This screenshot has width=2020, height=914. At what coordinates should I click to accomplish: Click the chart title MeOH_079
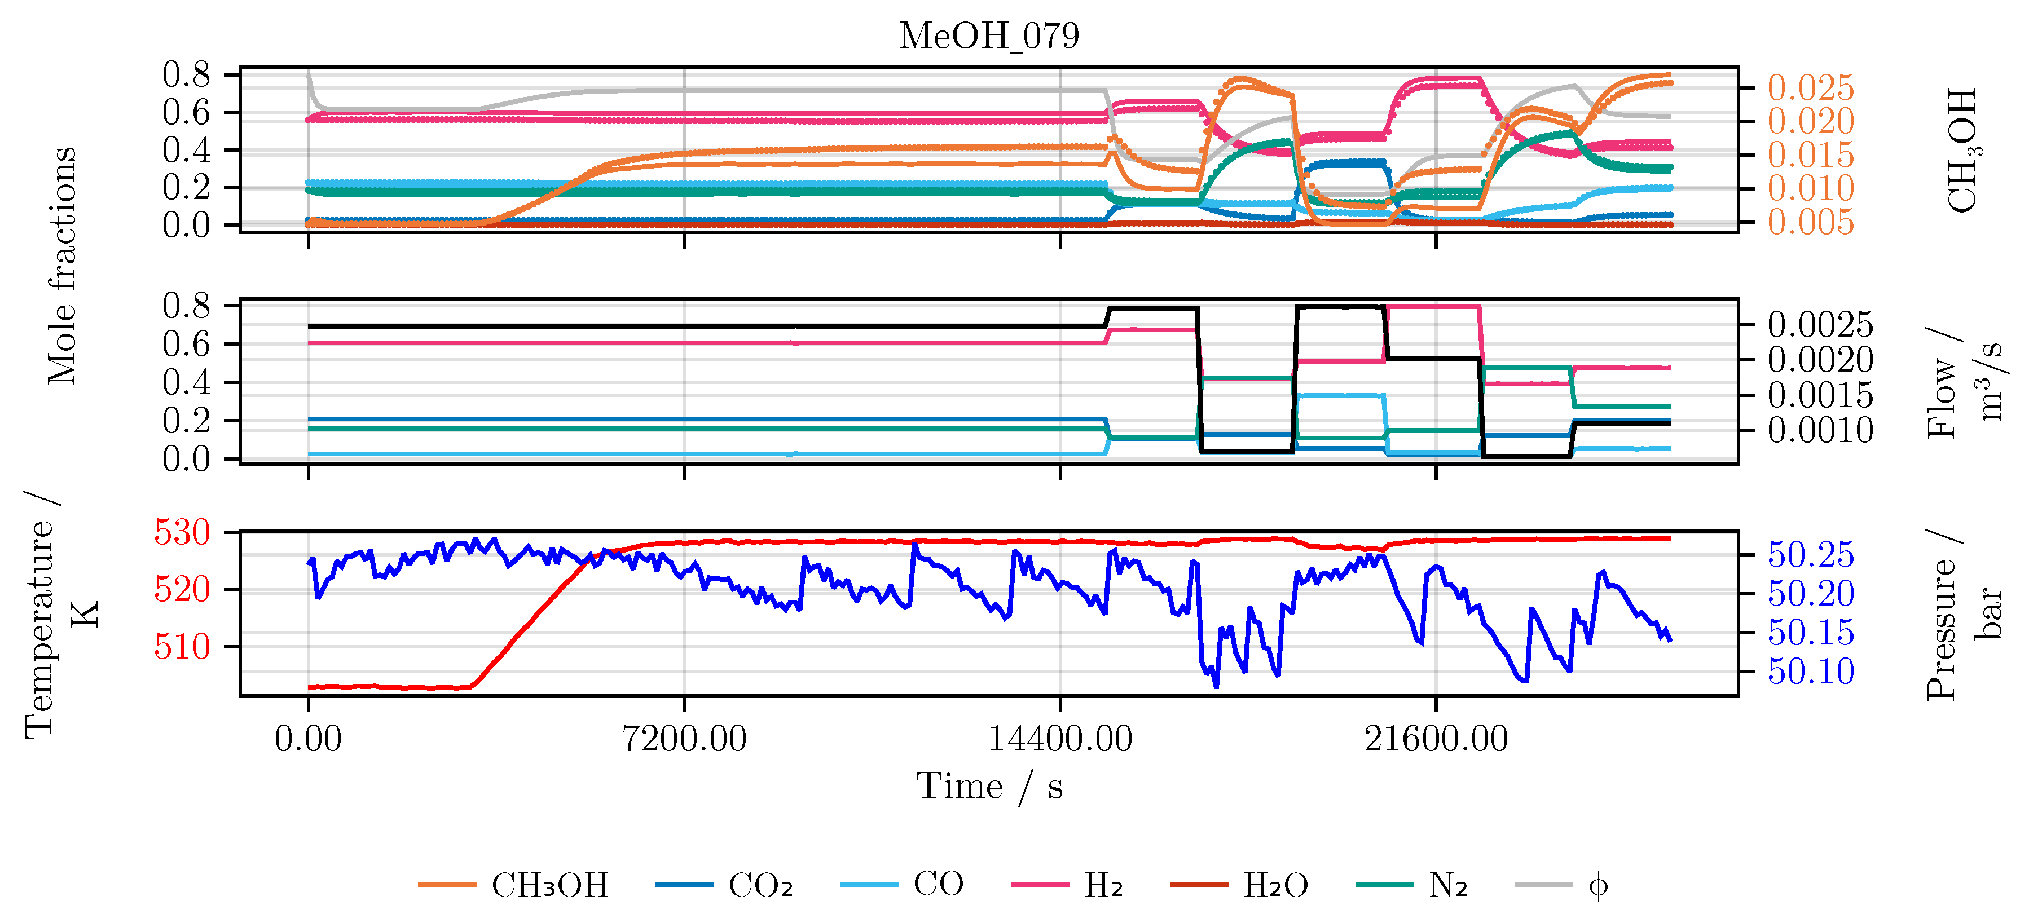click(x=989, y=36)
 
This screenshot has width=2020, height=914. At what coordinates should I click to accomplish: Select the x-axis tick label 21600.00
click(x=1436, y=739)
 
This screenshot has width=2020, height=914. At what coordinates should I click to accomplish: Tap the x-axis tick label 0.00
click(x=308, y=739)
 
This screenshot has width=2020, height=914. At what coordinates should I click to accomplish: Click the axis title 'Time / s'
click(x=989, y=786)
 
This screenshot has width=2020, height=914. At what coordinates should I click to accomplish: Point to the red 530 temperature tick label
click(x=183, y=532)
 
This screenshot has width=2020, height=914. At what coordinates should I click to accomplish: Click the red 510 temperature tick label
click(x=183, y=647)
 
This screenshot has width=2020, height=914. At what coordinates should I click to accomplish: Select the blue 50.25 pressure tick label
click(x=1811, y=555)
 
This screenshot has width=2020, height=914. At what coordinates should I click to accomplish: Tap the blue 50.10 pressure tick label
click(x=1811, y=672)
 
